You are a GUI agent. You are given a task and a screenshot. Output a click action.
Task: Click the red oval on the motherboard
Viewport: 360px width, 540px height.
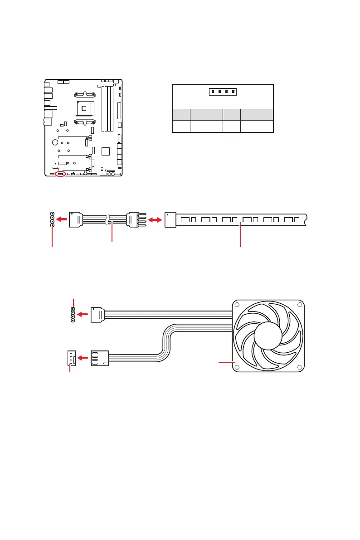(x=60, y=174)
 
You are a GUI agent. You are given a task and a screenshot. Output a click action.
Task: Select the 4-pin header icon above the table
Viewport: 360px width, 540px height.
(x=223, y=92)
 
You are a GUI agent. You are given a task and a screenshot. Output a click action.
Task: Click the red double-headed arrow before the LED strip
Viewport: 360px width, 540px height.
(x=155, y=219)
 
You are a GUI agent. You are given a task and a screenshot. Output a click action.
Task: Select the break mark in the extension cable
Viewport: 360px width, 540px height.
(x=108, y=219)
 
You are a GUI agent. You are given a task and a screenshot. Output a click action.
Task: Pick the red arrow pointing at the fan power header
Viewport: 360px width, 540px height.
(x=83, y=358)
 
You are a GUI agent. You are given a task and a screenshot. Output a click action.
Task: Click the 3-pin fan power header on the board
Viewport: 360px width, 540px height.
(x=70, y=358)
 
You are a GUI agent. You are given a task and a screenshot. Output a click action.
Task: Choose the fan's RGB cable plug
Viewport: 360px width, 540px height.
(x=97, y=314)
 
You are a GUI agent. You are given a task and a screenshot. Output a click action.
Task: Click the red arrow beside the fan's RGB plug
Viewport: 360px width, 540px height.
(x=83, y=314)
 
